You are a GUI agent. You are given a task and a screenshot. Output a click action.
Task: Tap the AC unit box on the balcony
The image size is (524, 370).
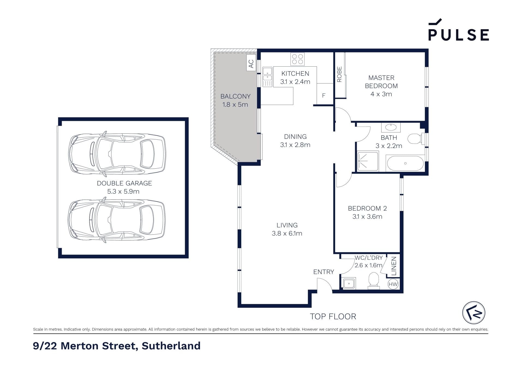(251, 63)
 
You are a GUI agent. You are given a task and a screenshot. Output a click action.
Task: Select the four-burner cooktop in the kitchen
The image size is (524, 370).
(297, 59)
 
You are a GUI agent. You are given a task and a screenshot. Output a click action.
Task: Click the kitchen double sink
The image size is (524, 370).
(267, 77)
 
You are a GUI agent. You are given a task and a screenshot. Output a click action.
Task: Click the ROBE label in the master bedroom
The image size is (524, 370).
(339, 74)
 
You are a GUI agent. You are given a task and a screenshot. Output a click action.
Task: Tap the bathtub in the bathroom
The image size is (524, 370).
(405, 163)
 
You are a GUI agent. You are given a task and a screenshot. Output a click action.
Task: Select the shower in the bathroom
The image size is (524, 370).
(368, 162)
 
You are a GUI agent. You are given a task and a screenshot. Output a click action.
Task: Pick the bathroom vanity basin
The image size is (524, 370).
(391, 127)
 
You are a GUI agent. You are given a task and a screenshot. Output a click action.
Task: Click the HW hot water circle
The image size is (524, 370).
(393, 284)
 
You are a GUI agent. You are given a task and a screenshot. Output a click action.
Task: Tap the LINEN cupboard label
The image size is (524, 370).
(394, 266)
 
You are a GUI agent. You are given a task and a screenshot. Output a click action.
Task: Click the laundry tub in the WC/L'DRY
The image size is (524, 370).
(349, 284)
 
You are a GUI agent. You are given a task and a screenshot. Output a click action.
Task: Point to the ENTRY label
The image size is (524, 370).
(324, 272)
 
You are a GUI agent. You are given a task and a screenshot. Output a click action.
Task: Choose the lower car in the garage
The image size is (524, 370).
(117, 221)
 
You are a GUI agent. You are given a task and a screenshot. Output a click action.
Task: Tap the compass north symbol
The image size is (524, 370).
(474, 313)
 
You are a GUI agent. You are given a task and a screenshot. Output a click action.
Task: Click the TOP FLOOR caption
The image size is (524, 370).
(333, 317)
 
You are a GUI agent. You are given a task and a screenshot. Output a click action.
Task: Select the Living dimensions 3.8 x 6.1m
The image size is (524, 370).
(287, 233)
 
